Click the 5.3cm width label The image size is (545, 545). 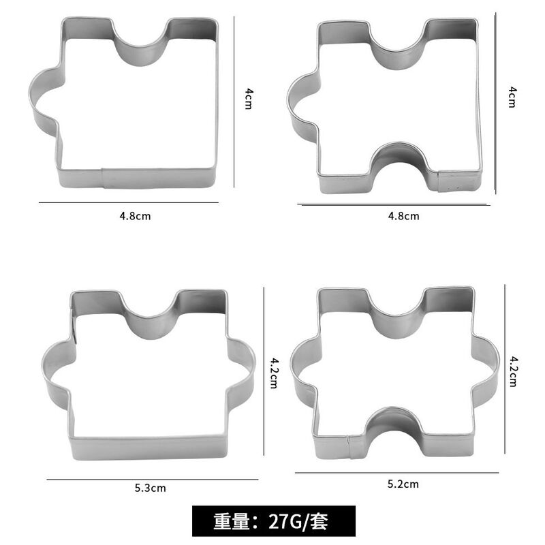click(x=150, y=488)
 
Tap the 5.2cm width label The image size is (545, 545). click(x=403, y=484)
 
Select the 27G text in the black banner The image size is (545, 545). click(x=284, y=521)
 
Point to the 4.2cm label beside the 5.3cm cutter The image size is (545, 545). click(x=274, y=373)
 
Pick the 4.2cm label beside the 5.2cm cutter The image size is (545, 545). click(x=513, y=371)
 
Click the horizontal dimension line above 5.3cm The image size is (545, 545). click(x=153, y=480)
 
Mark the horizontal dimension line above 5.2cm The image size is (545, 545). click(x=397, y=472)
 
